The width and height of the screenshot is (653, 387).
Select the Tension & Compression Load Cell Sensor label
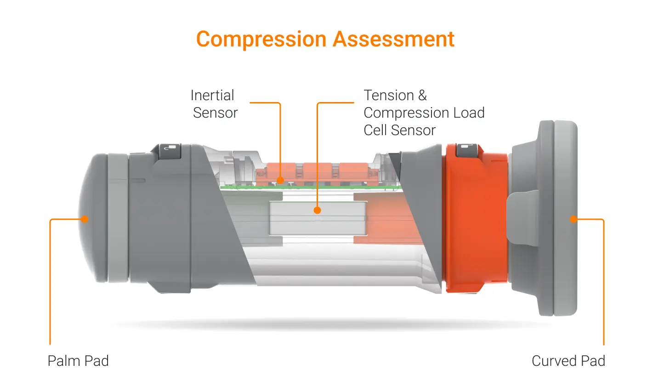coord(423,113)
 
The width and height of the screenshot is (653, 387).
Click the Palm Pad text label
coord(78,361)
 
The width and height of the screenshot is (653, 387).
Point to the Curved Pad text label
coord(568,361)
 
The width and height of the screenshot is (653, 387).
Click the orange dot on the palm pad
coord(85,219)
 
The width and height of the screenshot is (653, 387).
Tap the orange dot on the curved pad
coord(573,219)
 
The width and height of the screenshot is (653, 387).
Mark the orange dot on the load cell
coord(317,211)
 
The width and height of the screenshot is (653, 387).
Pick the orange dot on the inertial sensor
coord(280,181)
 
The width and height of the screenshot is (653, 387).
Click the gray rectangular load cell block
coord(317,218)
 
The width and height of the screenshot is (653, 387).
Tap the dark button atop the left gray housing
coord(170,152)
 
